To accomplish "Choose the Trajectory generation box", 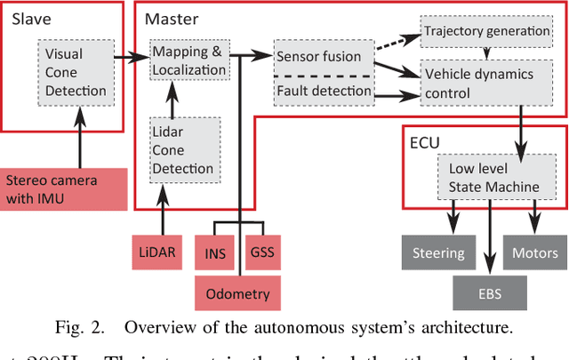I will (x=486, y=31).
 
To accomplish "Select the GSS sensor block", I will (x=262, y=253).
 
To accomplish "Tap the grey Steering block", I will (x=439, y=253).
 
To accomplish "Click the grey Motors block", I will (x=535, y=253).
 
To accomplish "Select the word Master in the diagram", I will (x=171, y=18).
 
